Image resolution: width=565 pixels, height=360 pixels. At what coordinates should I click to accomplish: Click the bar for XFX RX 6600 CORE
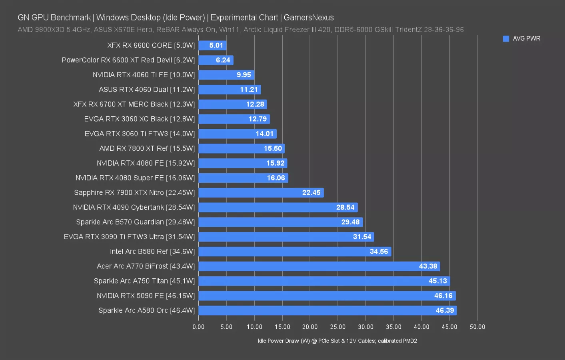(212, 46)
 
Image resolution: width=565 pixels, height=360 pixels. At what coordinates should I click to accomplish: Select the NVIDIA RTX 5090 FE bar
(327, 296)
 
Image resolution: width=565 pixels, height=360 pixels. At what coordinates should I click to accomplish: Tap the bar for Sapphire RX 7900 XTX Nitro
(261, 193)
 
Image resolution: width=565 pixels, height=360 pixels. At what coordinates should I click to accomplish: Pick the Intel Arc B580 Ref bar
(294, 252)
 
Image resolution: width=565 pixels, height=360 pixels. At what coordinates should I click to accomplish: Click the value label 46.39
(445, 310)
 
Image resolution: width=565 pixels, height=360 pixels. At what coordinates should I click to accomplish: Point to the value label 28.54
(345, 207)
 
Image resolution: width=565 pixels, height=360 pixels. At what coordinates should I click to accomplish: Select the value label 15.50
(273, 148)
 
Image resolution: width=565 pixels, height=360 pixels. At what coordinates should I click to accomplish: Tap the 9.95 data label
(244, 75)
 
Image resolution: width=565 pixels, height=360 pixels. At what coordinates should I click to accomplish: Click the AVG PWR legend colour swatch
(506, 39)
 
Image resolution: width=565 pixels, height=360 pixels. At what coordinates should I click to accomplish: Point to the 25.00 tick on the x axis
(337, 327)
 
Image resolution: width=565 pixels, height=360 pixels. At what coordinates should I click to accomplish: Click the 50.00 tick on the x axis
(477, 327)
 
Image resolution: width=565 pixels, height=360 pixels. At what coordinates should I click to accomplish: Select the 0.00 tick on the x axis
(198, 327)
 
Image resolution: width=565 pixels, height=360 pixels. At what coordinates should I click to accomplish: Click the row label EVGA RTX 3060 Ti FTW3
(140, 134)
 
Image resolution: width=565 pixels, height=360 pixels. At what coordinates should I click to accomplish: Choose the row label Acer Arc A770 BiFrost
(146, 266)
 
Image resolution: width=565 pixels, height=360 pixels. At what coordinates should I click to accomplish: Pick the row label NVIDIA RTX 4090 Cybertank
(134, 207)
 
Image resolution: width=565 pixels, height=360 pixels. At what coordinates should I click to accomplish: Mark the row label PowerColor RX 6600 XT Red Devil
(128, 60)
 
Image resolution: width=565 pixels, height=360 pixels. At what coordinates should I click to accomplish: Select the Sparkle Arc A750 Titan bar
(324, 281)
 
